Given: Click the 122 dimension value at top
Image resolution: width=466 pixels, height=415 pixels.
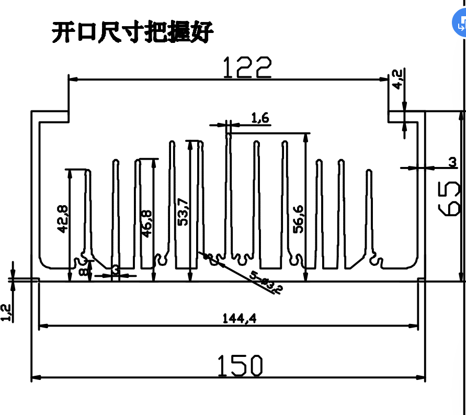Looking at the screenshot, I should coord(248,68).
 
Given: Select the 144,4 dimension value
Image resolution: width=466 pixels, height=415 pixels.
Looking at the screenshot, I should coord(240,318).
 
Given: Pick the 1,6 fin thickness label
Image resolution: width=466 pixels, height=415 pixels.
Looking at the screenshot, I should coord(260,118).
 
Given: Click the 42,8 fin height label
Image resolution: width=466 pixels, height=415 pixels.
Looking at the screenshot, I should coord(62,219).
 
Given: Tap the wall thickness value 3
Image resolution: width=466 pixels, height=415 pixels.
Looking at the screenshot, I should coord(452,163).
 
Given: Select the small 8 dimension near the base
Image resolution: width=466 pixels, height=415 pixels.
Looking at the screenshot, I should coord(83,271).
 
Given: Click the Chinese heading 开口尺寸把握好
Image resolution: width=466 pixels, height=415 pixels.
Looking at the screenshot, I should coord(133,32).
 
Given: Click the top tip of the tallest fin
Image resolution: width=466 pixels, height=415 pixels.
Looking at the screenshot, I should coord(229,134).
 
